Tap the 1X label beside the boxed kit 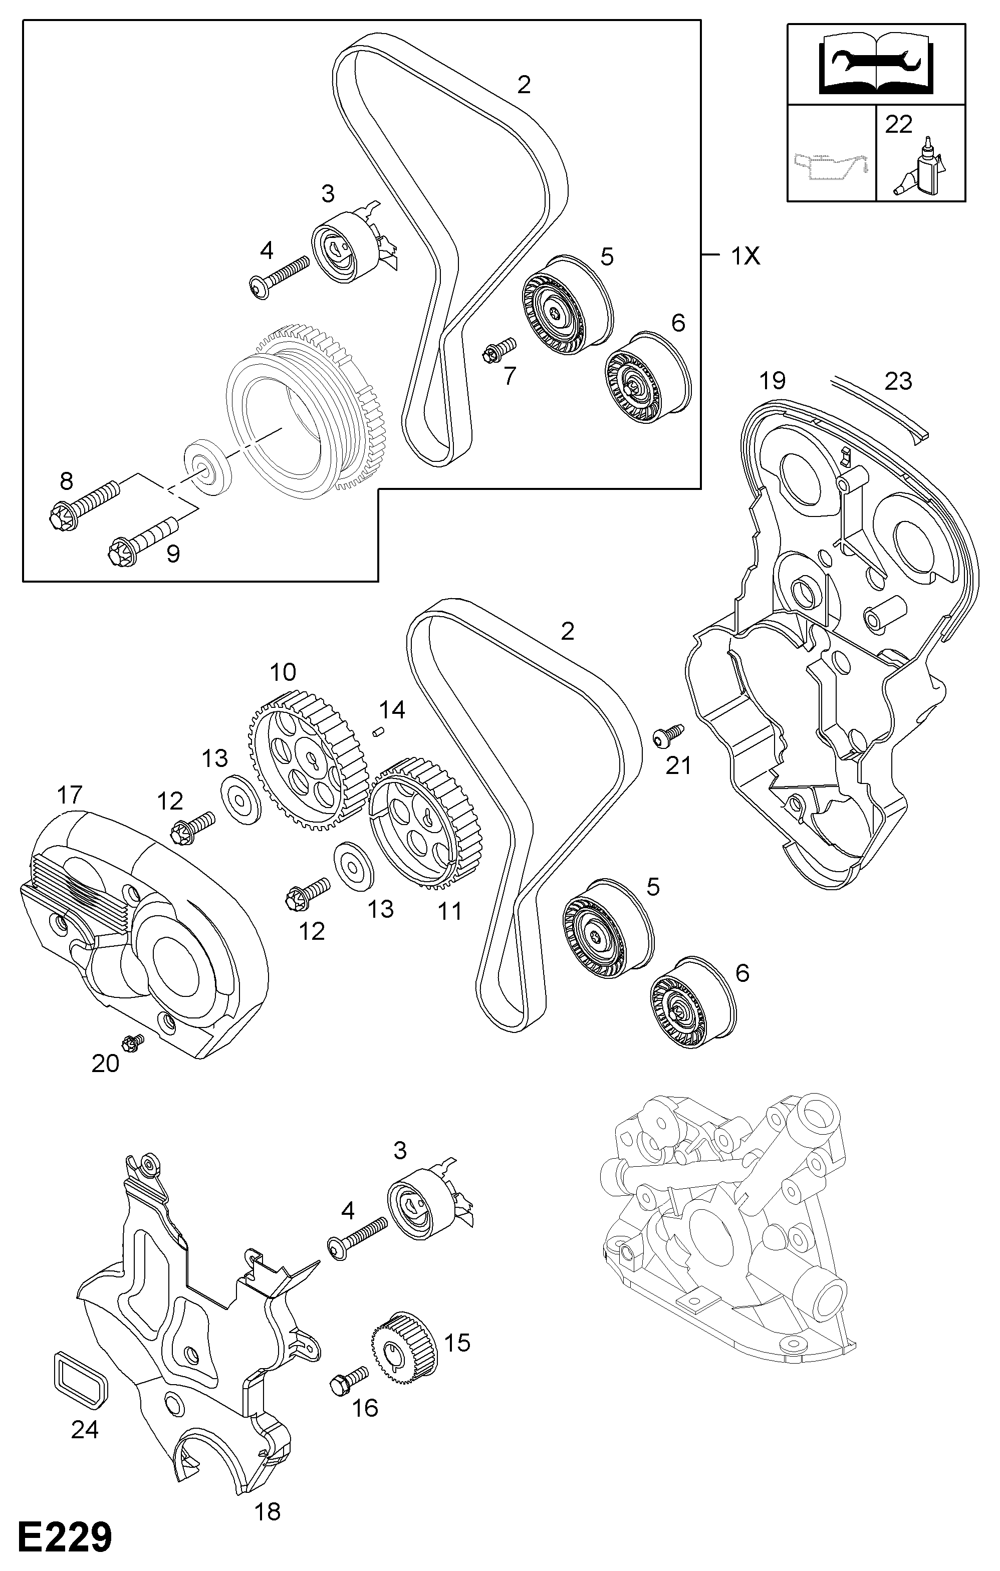click(745, 256)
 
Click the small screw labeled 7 click(499, 349)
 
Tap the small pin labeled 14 click(378, 731)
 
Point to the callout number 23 click(898, 382)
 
